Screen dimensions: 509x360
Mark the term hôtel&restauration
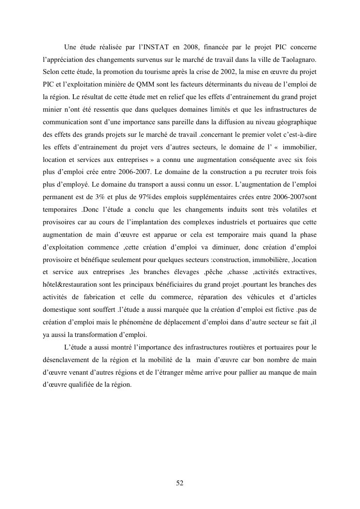[x=72, y=286]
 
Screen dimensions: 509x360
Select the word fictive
[x=281, y=311]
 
